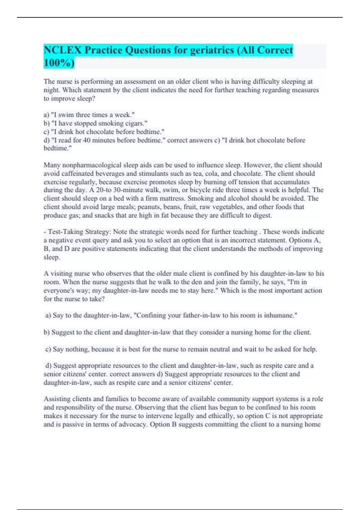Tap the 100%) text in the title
pos(59,63)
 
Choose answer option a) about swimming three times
pos(89,115)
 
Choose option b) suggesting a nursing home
pos(177,332)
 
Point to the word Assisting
pos(56,399)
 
